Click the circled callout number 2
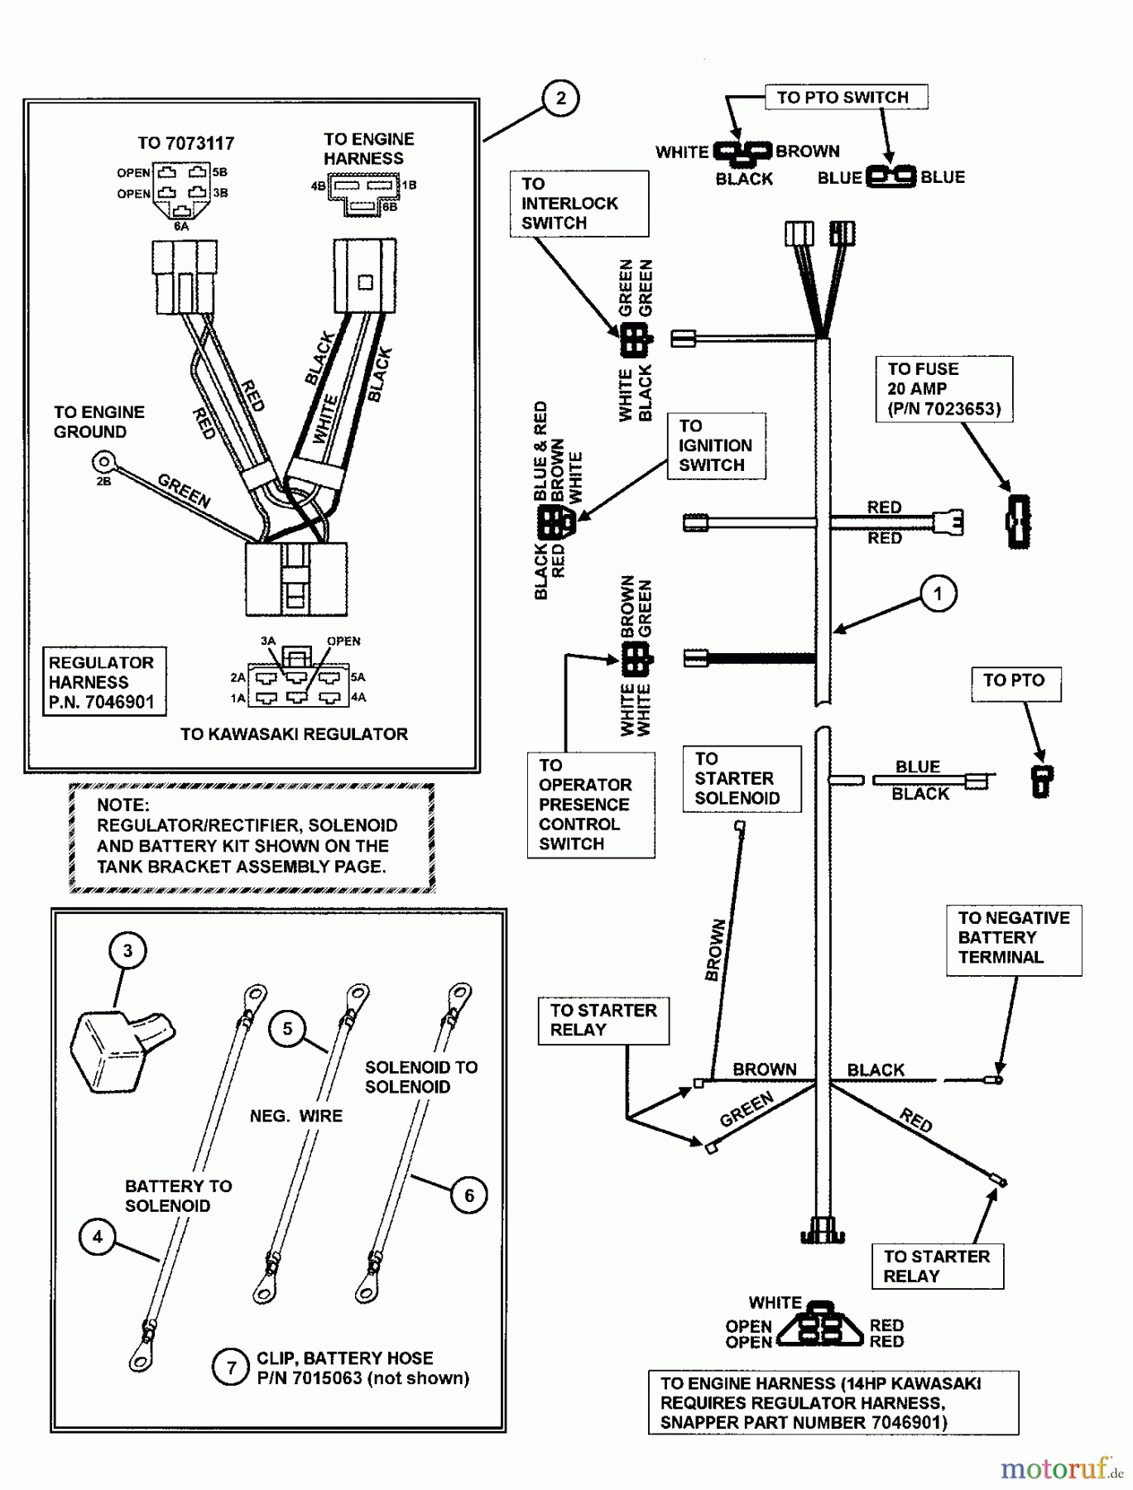click(x=560, y=99)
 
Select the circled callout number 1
click(x=937, y=594)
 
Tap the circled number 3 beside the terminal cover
click(x=127, y=951)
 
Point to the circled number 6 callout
click(x=469, y=1195)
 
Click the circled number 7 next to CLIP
click(x=231, y=1367)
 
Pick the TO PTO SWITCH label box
click(x=843, y=98)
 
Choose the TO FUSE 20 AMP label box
click(x=943, y=389)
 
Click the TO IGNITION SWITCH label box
click(x=715, y=446)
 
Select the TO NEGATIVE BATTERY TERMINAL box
click(x=1013, y=938)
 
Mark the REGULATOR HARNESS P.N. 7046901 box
click(x=103, y=682)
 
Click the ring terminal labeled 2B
click(x=103, y=460)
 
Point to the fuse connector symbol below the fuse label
click(x=1019, y=521)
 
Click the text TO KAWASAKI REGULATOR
click(x=294, y=734)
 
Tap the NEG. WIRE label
click(x=295, y=1116)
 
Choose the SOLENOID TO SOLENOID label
click(x=420, y=1077)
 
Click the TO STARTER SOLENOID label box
click(x=737, y=779)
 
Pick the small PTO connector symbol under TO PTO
click(x=1041, y=781)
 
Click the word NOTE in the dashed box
click(x=122, y=805)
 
